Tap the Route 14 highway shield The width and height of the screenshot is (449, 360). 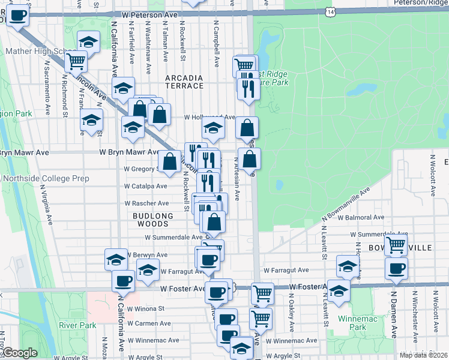click(x=328, y=11)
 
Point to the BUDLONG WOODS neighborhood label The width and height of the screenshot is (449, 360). click(x=153, y=220)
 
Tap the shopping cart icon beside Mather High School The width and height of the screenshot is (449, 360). click(x=76, y=61)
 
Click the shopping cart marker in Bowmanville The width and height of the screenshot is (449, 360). click(x=396, y=244)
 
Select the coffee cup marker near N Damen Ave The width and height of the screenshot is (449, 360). click(x=396, y=268)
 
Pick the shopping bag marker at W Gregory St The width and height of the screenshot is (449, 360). click(x=169, y=161)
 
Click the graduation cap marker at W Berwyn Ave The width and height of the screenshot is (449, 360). click(x=116, y=260)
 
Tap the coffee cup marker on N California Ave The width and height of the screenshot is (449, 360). click(x=124, y=280)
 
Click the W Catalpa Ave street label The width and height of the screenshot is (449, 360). click(x=146, y=187)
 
